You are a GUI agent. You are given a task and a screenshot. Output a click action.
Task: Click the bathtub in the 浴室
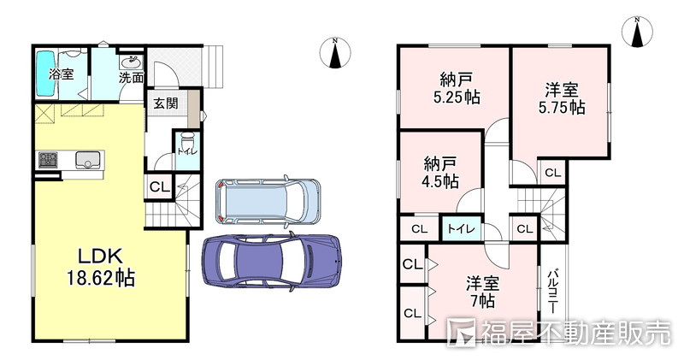pyautogui.click(x=45, y=74)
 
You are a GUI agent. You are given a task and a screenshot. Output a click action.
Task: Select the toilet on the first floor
pyautogui.click(x=187, y=142)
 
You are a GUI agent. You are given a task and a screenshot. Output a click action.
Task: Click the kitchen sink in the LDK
pyautogui.click(x=89, y=160)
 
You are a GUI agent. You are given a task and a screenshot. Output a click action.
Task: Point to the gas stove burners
pyautogui.click(x=48, y=160)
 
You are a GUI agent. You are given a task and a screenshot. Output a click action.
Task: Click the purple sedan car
pyautogui.click(x=271, y=261)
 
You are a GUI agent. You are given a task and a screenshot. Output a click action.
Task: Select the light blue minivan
pyautogui.click(x=268, y=202)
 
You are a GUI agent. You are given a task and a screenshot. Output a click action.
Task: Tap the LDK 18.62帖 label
pyautogui.click(x=100, y=267)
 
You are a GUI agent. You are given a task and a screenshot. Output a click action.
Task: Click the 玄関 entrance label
pyautogui.click(x=166, y=103)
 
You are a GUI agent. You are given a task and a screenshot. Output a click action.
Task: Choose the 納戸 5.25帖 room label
pyautogui.click(x=457, y=88)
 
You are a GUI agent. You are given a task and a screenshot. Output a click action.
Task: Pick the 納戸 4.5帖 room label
pyautogui.click(x=440, y=173)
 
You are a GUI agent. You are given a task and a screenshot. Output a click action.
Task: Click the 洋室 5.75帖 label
pyautogui.click(x=562, y=98)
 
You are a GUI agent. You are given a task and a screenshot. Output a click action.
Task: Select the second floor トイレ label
pyautogui.click(x=461, y=229)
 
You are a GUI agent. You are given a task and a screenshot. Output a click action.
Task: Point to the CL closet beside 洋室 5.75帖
pyautogui.click(x=553, y=173)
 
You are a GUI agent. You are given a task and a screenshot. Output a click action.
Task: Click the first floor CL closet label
pyautogui.click(x=160, y=186)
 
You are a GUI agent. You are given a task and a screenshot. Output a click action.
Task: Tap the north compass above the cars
pyautogui.click(x=335, y=53)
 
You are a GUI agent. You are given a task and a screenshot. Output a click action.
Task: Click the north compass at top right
pyautogui.click(x=637, y=32)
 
